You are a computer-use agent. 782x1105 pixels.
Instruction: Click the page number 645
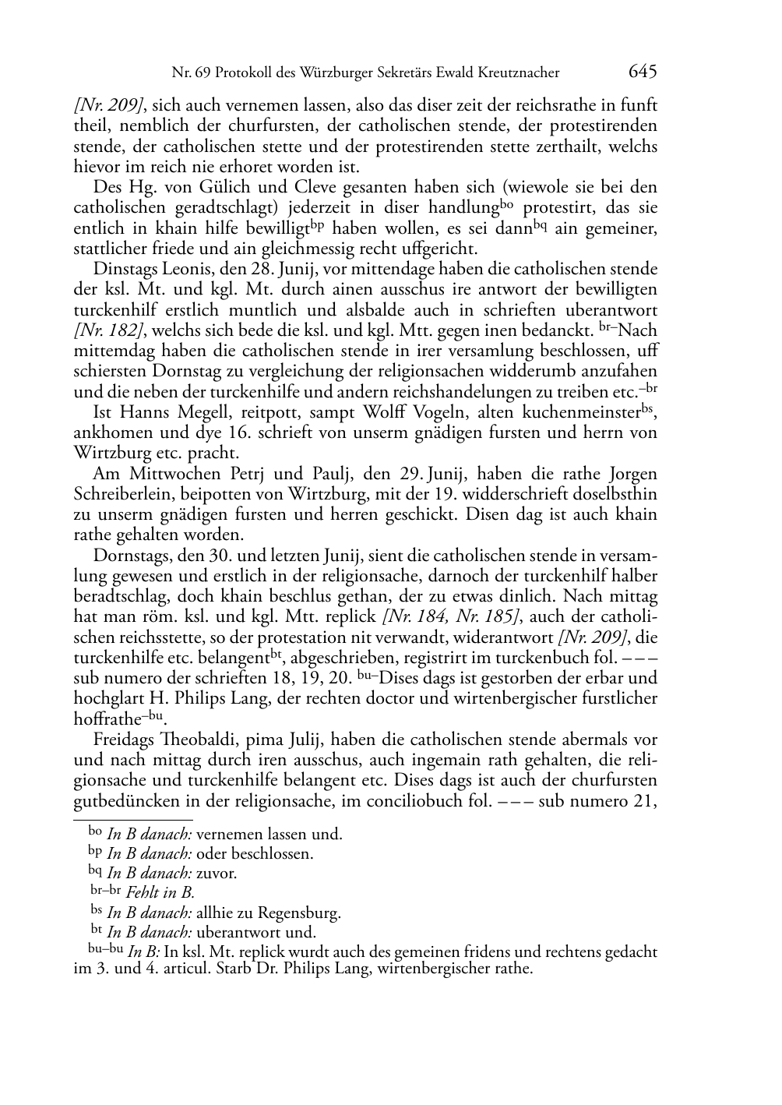click(642, 72)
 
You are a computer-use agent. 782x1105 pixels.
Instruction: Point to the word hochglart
click(111, 699)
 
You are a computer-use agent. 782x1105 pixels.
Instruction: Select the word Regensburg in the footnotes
click(299, 913)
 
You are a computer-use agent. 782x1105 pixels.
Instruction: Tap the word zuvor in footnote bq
click(217, 873)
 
